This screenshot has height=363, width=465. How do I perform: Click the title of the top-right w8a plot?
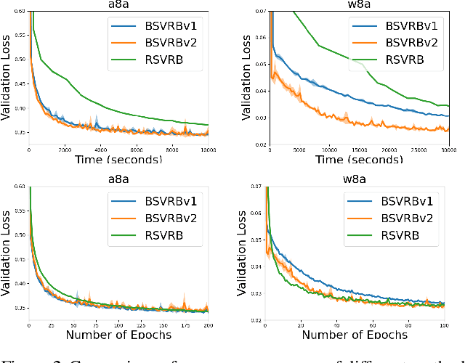click(360, 5)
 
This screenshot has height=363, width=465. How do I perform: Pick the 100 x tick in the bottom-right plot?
click(445, 323)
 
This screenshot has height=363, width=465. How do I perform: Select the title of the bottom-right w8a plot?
click(359, 179)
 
